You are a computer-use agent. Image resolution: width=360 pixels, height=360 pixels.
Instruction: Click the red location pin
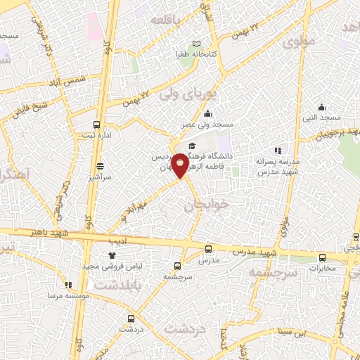[181, 165]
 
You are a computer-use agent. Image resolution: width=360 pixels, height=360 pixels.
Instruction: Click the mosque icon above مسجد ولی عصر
[207, 114]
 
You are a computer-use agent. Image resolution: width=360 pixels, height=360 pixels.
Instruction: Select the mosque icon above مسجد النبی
[321, 107]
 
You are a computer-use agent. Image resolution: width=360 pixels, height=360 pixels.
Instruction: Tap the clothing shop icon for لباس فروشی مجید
[111, 256]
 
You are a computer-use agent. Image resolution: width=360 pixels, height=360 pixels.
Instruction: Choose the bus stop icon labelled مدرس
[208, 250]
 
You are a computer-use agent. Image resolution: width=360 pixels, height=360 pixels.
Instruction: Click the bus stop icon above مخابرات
[322, 257]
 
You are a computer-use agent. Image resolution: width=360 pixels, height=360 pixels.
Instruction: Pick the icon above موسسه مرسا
[68, 285]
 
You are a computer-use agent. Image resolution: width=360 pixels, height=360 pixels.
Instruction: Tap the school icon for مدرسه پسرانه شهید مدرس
[278, 150]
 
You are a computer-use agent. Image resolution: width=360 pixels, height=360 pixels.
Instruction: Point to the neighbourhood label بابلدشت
[119, 286]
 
